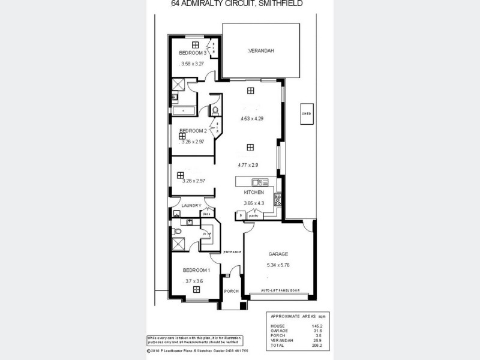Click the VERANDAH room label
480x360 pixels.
pyautogui.click(x=261, y=52)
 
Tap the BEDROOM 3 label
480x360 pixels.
pyautogui.click(x=192, y=53)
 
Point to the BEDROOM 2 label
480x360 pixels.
pyautogui.click(x=193, y=131)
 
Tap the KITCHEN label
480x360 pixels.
pyautogui.click(x=254, y=193)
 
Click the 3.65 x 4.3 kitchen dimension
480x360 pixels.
pyautogui.click(x=254, y=203)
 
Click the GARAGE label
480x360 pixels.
pyautogui.click(x=278, y=254)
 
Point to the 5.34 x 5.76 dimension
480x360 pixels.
pyautogui.click(x=278, y=265)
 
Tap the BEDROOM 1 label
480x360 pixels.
pyautogui.click(x=196, y=271)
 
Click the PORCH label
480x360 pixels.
pyautogui.click(x=231, y=291)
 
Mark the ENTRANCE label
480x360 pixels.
pyautogui.click(x=232, y=251)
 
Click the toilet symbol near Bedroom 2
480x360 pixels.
pyautogui.click(x=214, y=110)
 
